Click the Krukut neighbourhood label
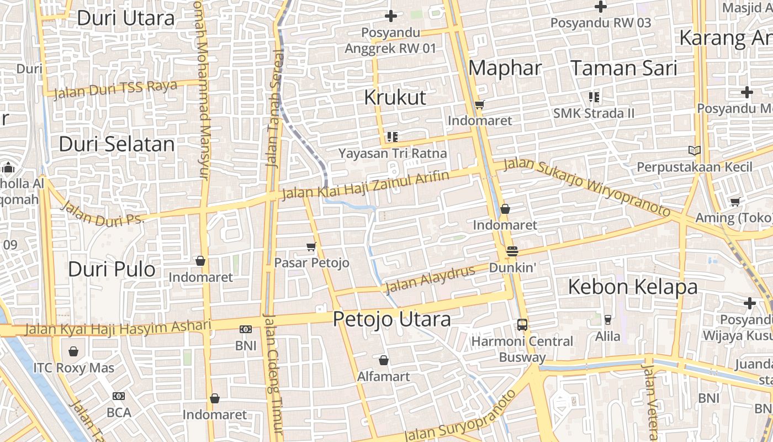[395, 98]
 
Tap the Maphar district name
[505, 69]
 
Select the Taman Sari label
[623, 69]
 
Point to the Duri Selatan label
[117, 145]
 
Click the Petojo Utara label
[391, 319]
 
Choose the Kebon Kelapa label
[632, 287]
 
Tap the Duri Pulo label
[112, 270]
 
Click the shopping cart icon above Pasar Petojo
[311, 246]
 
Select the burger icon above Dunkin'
[512, 251]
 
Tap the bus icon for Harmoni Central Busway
[522, 325]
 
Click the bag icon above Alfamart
[384, 361]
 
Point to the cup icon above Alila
[607, 320]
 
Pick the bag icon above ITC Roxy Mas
[73, 351]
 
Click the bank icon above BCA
[118, 396]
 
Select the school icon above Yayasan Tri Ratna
[392, 136]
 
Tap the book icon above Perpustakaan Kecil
[694, 150]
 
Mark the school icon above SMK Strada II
[594, 97]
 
